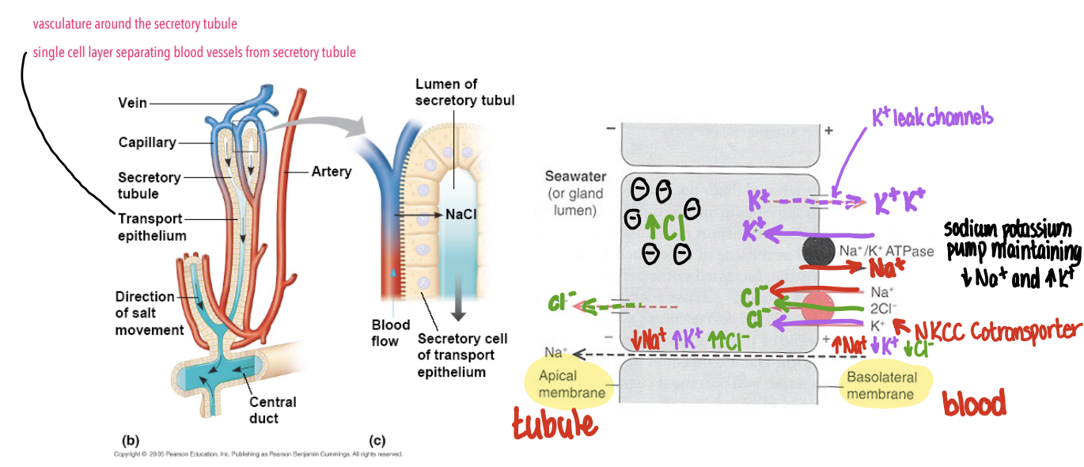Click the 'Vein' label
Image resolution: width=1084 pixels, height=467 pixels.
[132, 103]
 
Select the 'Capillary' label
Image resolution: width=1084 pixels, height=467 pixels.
[147, 142]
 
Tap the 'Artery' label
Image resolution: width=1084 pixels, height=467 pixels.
[332, 171]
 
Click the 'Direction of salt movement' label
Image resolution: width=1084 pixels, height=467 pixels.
[150, 313]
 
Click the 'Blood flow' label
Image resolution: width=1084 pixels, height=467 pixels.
[391, 333]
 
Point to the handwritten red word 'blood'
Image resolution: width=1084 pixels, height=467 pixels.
[974, 404]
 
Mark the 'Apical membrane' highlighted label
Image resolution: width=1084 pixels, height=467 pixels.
[569, 384]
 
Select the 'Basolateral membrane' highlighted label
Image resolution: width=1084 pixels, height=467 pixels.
[880, 385]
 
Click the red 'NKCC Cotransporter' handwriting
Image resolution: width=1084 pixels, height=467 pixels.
[995, 331]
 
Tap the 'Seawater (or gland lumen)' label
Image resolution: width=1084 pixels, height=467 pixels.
[574, 193]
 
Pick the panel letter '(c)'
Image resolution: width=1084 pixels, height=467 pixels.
[377, 439]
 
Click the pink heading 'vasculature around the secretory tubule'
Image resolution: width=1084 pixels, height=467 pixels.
[135, 25]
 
